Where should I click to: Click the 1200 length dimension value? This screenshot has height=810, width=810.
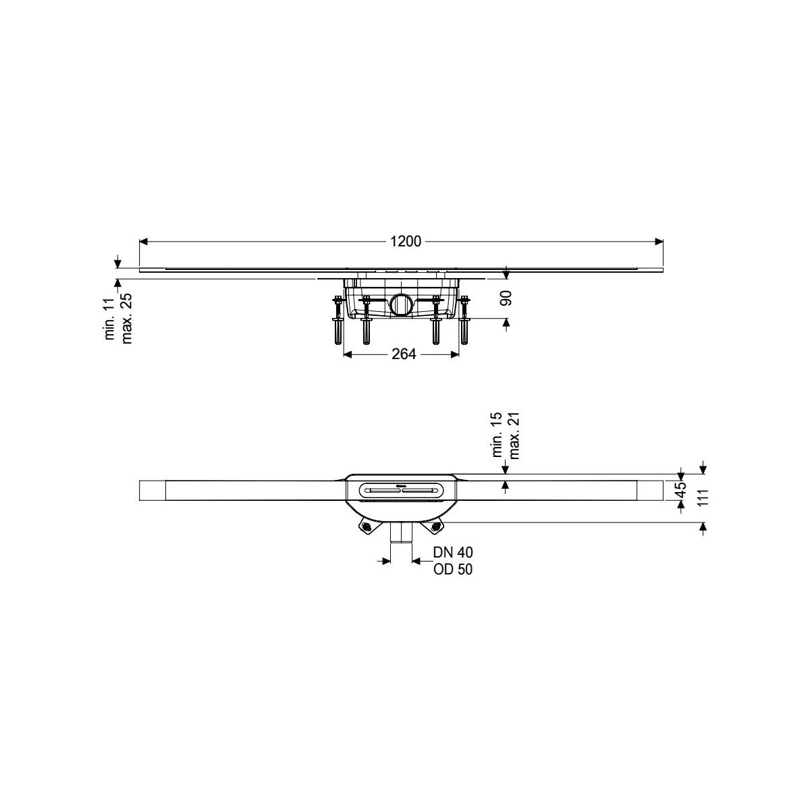point(405,241)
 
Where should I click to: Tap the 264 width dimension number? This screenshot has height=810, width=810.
point(404,354)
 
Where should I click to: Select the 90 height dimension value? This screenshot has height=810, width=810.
point(508,298)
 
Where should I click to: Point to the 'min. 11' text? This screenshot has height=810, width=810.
point(110,319)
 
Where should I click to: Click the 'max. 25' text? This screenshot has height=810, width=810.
point(126,318)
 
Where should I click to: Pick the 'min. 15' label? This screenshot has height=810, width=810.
point(497,435)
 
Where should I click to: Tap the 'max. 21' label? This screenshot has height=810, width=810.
point(514,435)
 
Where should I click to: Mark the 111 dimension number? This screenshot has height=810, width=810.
point(703,497)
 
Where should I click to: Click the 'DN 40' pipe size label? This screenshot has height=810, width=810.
point(453,552)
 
